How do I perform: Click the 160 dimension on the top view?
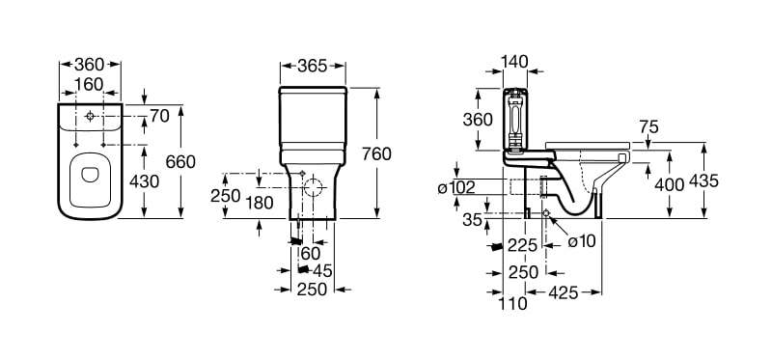(x=89, y=84)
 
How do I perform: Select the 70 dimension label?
(x=159, y=116)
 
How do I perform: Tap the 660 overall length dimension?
(x=180, y=161)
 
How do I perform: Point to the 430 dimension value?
(x=144, y=181)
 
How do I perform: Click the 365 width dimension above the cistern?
(x=312, y=66)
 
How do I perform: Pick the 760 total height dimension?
(x=376, y=154)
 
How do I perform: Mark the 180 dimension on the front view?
(x=259, y=202)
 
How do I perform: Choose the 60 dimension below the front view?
(x=310, y=254)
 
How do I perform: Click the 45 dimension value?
(x=322, y=270)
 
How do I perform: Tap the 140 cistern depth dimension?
(x=514, y=61)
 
